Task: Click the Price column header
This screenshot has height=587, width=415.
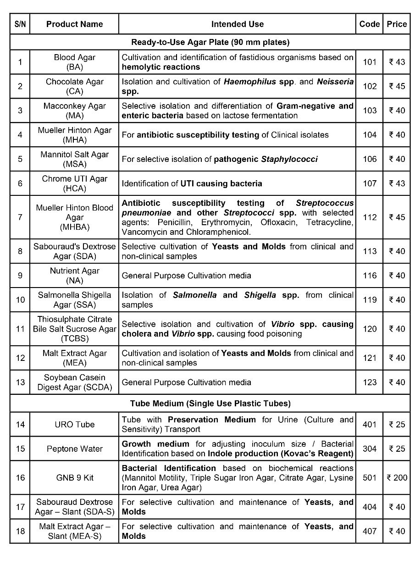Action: click(397, 24)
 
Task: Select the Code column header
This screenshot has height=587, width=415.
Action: click(370, 24)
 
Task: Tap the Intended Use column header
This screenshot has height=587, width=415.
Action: click(237, 24)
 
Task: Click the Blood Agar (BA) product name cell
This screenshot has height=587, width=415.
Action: click(75, 62)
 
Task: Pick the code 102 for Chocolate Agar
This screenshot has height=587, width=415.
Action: click(370, 86)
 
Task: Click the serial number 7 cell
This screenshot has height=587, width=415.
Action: click(20, 217)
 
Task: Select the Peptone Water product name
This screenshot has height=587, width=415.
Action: click(75, 449)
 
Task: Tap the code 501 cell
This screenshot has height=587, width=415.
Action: click(370, 477)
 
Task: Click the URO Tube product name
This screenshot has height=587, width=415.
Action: click(75, 424)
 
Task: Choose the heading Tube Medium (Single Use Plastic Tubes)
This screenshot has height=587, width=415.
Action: click(210, 404)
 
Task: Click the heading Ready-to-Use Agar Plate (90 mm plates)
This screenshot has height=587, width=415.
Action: click(210, 42)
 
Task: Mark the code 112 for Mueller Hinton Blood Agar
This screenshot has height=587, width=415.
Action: click(370, 217)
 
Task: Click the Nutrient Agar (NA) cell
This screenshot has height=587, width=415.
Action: click(75, 276)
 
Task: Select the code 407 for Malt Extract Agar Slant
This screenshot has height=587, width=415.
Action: click(370, 531)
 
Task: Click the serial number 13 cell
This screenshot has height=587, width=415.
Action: click(20, 382)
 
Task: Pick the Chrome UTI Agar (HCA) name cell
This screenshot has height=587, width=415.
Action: click(75, 183)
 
